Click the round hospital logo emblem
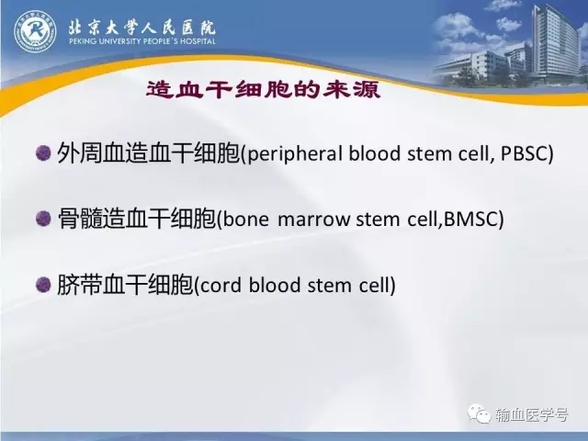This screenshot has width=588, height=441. coord(35,31)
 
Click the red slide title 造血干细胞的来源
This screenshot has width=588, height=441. coord(264,90)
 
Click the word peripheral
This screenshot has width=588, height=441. coord(295,154)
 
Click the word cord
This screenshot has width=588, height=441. coord(220,285)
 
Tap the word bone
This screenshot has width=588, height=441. coord(245,219)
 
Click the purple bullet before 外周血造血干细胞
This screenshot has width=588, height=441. coord(43,153)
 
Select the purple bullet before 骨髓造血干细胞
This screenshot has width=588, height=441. coord(43,219)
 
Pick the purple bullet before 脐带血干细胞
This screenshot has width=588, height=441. coord(43,284)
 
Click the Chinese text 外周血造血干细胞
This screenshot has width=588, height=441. coord(148,153)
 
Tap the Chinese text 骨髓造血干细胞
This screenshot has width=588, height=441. coord(137,219)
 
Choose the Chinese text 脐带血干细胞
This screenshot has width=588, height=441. coord(125,285)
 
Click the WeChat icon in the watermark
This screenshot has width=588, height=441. coord(479,413)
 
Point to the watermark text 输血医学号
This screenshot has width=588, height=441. coord(531,414)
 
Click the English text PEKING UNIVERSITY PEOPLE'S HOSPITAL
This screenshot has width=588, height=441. coord(142,40)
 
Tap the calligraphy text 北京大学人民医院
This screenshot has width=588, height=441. coord(141,27)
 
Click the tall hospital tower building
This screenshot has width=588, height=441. coord(556,43)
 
